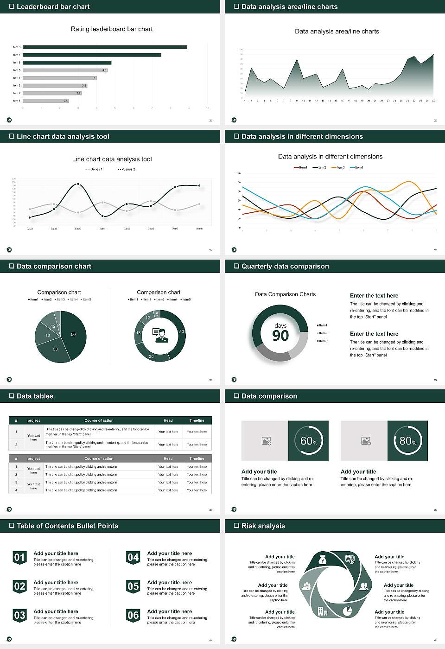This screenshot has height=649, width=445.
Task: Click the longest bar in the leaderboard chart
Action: [x=105, y=47]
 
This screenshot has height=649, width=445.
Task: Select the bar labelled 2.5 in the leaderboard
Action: [x=46, y=101]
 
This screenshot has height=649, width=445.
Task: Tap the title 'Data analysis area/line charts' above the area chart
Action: [x=337, y=32]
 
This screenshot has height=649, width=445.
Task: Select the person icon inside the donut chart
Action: [x=160, y=335]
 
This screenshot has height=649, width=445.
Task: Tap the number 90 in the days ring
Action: [x=280, y=336]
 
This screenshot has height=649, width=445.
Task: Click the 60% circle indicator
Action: [x=309, y=441]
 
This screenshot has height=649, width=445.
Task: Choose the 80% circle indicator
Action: [x=407, y=441]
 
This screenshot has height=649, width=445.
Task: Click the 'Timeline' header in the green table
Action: [x=197, y=420]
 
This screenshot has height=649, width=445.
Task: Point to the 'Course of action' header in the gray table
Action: [x=99, y=458]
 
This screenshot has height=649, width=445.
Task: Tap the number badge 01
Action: [x=19, y=557]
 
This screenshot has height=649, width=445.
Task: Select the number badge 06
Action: [x=133, y=615]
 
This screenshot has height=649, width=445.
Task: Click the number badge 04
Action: [x=133, y=557]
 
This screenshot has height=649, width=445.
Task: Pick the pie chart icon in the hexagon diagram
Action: [x=347, y=611]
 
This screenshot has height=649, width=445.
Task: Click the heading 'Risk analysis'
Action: [x=263, y=526]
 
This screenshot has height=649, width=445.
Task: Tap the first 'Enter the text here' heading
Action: [x=374, y=296]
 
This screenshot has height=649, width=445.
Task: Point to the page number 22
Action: [x=211, y=121]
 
